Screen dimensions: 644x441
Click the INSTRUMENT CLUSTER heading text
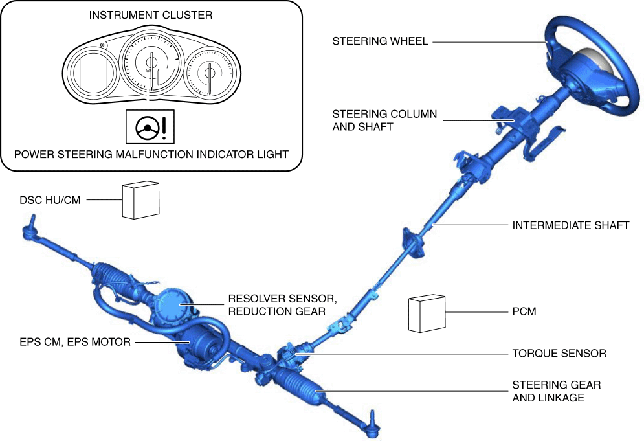click(151, 15)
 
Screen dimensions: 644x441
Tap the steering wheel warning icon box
click(150, 126)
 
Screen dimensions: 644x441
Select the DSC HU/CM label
click(50, 200)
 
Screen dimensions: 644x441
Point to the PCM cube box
click(427, 313)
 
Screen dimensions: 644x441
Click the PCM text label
click(524, 311)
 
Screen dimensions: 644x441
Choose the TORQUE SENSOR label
click(559, 354)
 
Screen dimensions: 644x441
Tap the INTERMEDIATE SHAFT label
click(570, 225)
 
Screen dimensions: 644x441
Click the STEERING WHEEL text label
click(380, 41)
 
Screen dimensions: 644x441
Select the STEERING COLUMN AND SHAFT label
click(384, 120)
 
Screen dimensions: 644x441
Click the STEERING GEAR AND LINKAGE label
click(557, 391)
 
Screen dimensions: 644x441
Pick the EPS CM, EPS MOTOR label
click(75, 342)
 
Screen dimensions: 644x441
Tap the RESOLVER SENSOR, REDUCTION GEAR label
click(283, 305)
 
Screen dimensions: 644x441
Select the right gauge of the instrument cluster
click(210, 73)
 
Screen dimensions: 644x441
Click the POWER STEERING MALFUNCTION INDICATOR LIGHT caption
click(151, 155)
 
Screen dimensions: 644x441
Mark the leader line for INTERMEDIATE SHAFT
click(471, 225)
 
